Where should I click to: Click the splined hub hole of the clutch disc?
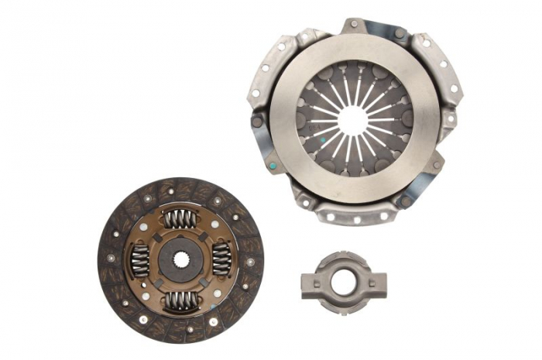coord(180,258)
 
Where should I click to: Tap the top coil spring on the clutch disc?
coord(180,219)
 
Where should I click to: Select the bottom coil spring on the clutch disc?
coord(180,298)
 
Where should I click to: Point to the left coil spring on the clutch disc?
coord(140,259)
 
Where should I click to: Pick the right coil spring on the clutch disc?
coord(221,259)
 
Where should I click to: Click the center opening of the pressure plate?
coord(353,120)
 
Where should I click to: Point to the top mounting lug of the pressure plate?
coord(355,26)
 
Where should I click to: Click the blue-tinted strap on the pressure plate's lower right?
coord(418,186)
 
